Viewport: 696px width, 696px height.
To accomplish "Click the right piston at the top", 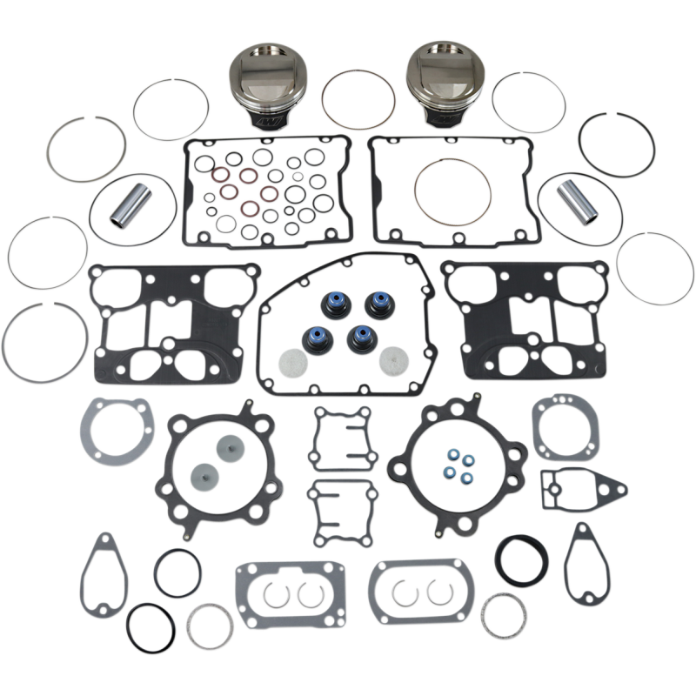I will tap(435, 82).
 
